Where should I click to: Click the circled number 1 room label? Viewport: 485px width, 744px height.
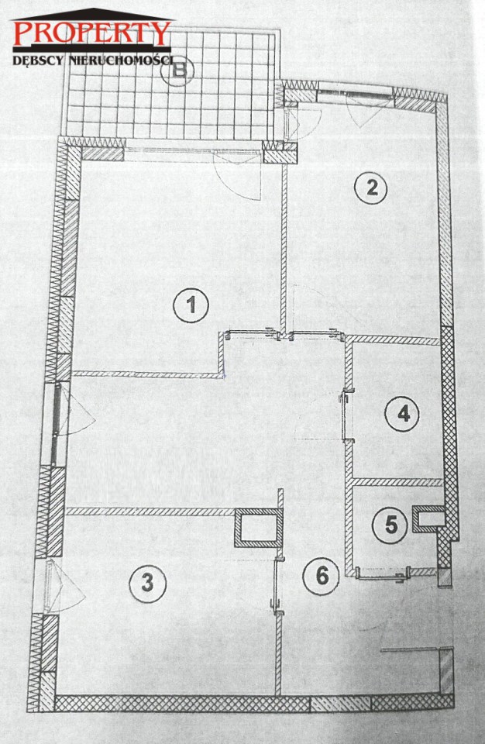coord(191,305)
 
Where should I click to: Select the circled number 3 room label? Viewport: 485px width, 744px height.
coord(147,583)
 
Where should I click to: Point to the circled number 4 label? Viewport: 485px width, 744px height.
coord(402,414)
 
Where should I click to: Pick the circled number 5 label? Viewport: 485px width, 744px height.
coord(390,525)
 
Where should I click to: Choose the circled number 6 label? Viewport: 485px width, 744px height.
coord(322,576)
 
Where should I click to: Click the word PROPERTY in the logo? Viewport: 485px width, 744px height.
coord(91,33)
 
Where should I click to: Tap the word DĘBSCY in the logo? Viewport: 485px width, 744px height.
coord(39,60)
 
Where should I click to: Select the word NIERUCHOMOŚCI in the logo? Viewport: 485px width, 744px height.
coord(121,60)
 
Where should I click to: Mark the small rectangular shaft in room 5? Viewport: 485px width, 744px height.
coord(428,518)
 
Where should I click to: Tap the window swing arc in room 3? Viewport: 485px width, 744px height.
coord(69,587)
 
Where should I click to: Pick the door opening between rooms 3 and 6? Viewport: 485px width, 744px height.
coord(277,585)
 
